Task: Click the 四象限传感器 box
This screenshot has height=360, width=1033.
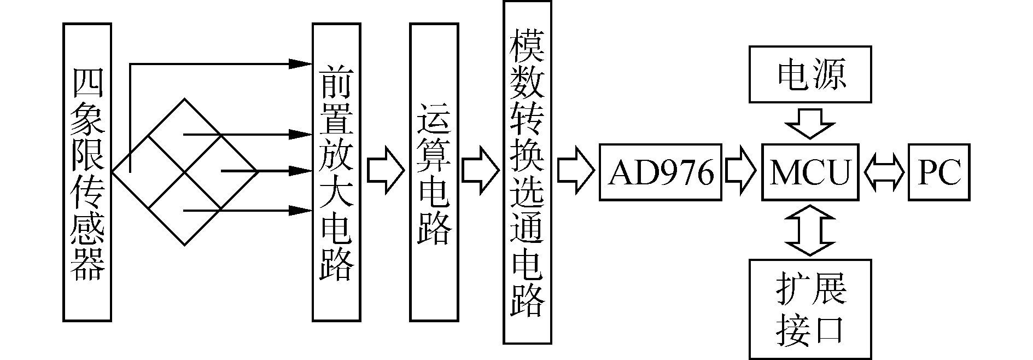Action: coord(87,172)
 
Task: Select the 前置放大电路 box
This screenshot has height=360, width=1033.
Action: coord(336,172)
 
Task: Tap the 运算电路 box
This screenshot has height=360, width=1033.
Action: coord(434,172)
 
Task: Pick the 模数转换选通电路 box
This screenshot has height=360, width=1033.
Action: coord(527,172)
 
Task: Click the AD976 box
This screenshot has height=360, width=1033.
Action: coord(661,172)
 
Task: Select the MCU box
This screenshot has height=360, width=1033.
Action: coord(810,172)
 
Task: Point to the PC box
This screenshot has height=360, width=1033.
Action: coord(938,172)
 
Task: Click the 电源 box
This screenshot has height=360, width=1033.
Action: coord(810,74)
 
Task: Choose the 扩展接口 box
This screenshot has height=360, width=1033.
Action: coord(810,309)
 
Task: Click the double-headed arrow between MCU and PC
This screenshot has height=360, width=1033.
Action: coord(884,173)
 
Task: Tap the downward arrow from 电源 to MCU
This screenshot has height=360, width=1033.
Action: coord(810,124)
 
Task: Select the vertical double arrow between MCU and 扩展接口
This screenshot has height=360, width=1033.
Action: coord(810,230)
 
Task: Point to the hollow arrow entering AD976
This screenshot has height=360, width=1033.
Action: coord(575,172)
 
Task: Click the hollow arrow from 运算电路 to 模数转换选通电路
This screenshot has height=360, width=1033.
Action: coord(481,172)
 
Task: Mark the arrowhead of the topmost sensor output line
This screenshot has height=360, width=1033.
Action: coord(300,64)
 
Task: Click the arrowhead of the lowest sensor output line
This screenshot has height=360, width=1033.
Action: coord(300,210)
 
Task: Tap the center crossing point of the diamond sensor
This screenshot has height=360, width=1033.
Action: coord(184,172)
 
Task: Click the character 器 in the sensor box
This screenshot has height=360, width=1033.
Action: coord(87,265)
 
